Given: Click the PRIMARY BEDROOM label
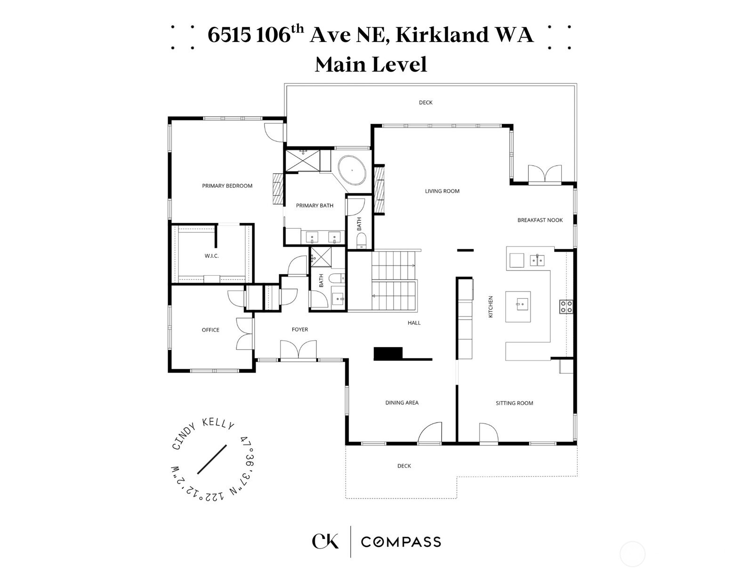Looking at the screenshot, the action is (x=227, y=186).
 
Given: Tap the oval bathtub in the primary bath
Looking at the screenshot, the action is (x=352, y=170).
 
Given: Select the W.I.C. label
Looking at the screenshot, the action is (x=211, y=256).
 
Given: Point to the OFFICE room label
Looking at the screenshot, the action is (x=210, y=330).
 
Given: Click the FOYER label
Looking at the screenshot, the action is (x=300, y=329).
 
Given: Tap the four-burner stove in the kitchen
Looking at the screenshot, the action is (x=566, y=307).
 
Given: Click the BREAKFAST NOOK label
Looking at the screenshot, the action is (x=540, y=220).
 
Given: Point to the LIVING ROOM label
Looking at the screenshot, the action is (x=442, y=191).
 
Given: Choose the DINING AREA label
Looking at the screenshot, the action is (x=402, y=403).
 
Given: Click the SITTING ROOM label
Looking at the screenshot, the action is (x=514, y=403).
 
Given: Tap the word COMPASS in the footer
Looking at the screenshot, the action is (x=401, y=542).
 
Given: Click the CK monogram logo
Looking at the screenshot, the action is (x=325, y=541).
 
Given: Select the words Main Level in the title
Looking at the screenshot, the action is (x=371, y=64).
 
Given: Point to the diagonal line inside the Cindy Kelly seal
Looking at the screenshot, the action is (x=212, y=460).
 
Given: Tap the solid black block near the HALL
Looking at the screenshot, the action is (x=388, y=354).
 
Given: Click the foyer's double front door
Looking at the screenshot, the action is (x=298, y=350).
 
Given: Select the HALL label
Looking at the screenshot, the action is (x=414, y=323).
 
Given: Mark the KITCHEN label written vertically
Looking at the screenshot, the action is (x=491, y=307).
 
